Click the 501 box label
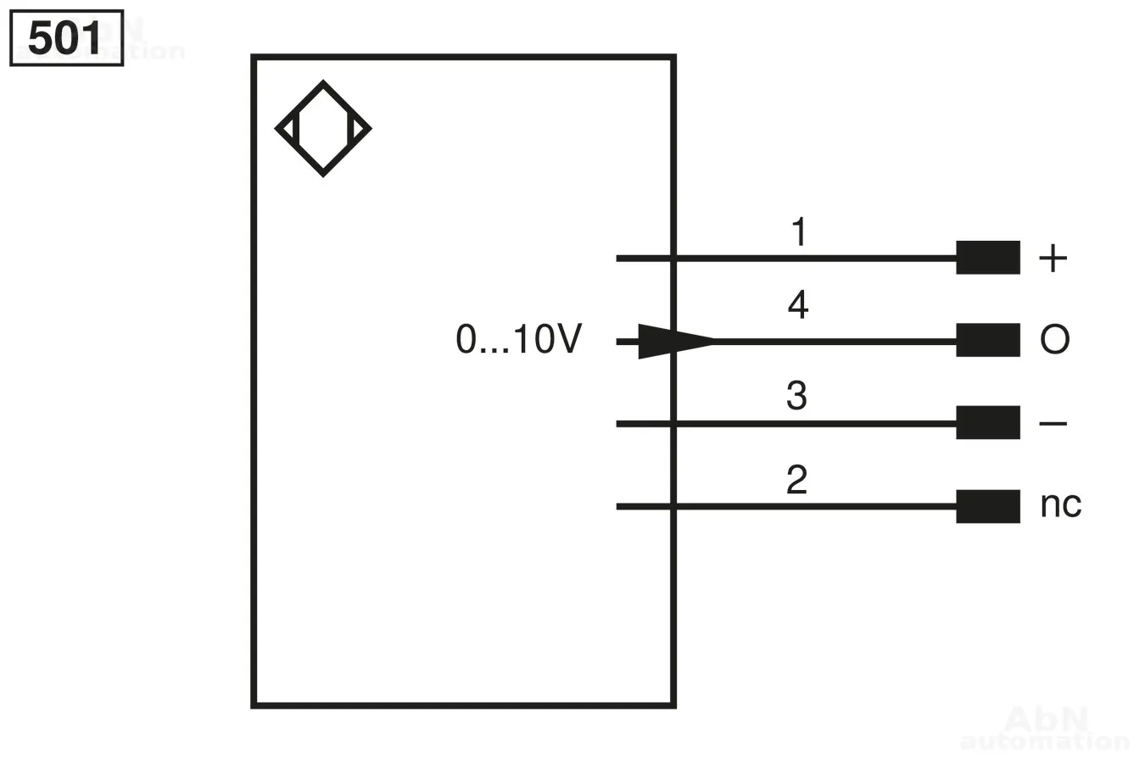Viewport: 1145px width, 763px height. (x=65, y=38)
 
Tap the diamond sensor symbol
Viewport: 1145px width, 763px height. (x=323, y=129)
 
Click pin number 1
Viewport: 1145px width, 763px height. (x=798, y=232)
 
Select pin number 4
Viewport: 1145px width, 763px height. (x=797, y=305)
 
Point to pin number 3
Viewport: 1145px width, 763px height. (x=796, y=396)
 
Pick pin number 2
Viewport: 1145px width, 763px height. (x=796, y=480)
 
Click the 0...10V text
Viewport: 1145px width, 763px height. (x=518, y=340)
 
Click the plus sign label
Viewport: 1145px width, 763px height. (x=1053, y=258)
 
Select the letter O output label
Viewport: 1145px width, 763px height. (x=1054, y=340)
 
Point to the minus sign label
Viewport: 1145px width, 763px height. (x=1053, y=423)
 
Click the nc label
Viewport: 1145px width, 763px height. (x=1060, y=504)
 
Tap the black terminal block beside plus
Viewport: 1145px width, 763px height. (x=987, y=258)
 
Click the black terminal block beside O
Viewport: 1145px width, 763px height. (x=987, y=340)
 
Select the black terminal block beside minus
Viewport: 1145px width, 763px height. (x=987, y=422)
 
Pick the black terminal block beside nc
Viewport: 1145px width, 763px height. (x=987, y=506)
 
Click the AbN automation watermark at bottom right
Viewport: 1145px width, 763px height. (x=1045, y=729)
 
